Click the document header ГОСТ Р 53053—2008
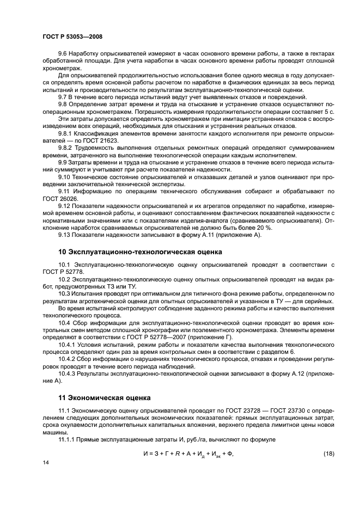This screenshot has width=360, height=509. pyautogui.click(x=72, y=36)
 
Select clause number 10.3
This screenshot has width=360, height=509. pyautogui.click(x=65, y=293)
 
